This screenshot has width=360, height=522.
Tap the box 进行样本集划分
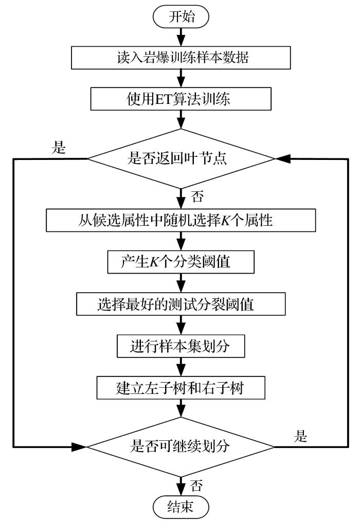[180, 347]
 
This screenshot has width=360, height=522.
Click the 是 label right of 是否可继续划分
[301, 437]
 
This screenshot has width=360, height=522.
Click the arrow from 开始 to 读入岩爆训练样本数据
[181, 37]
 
